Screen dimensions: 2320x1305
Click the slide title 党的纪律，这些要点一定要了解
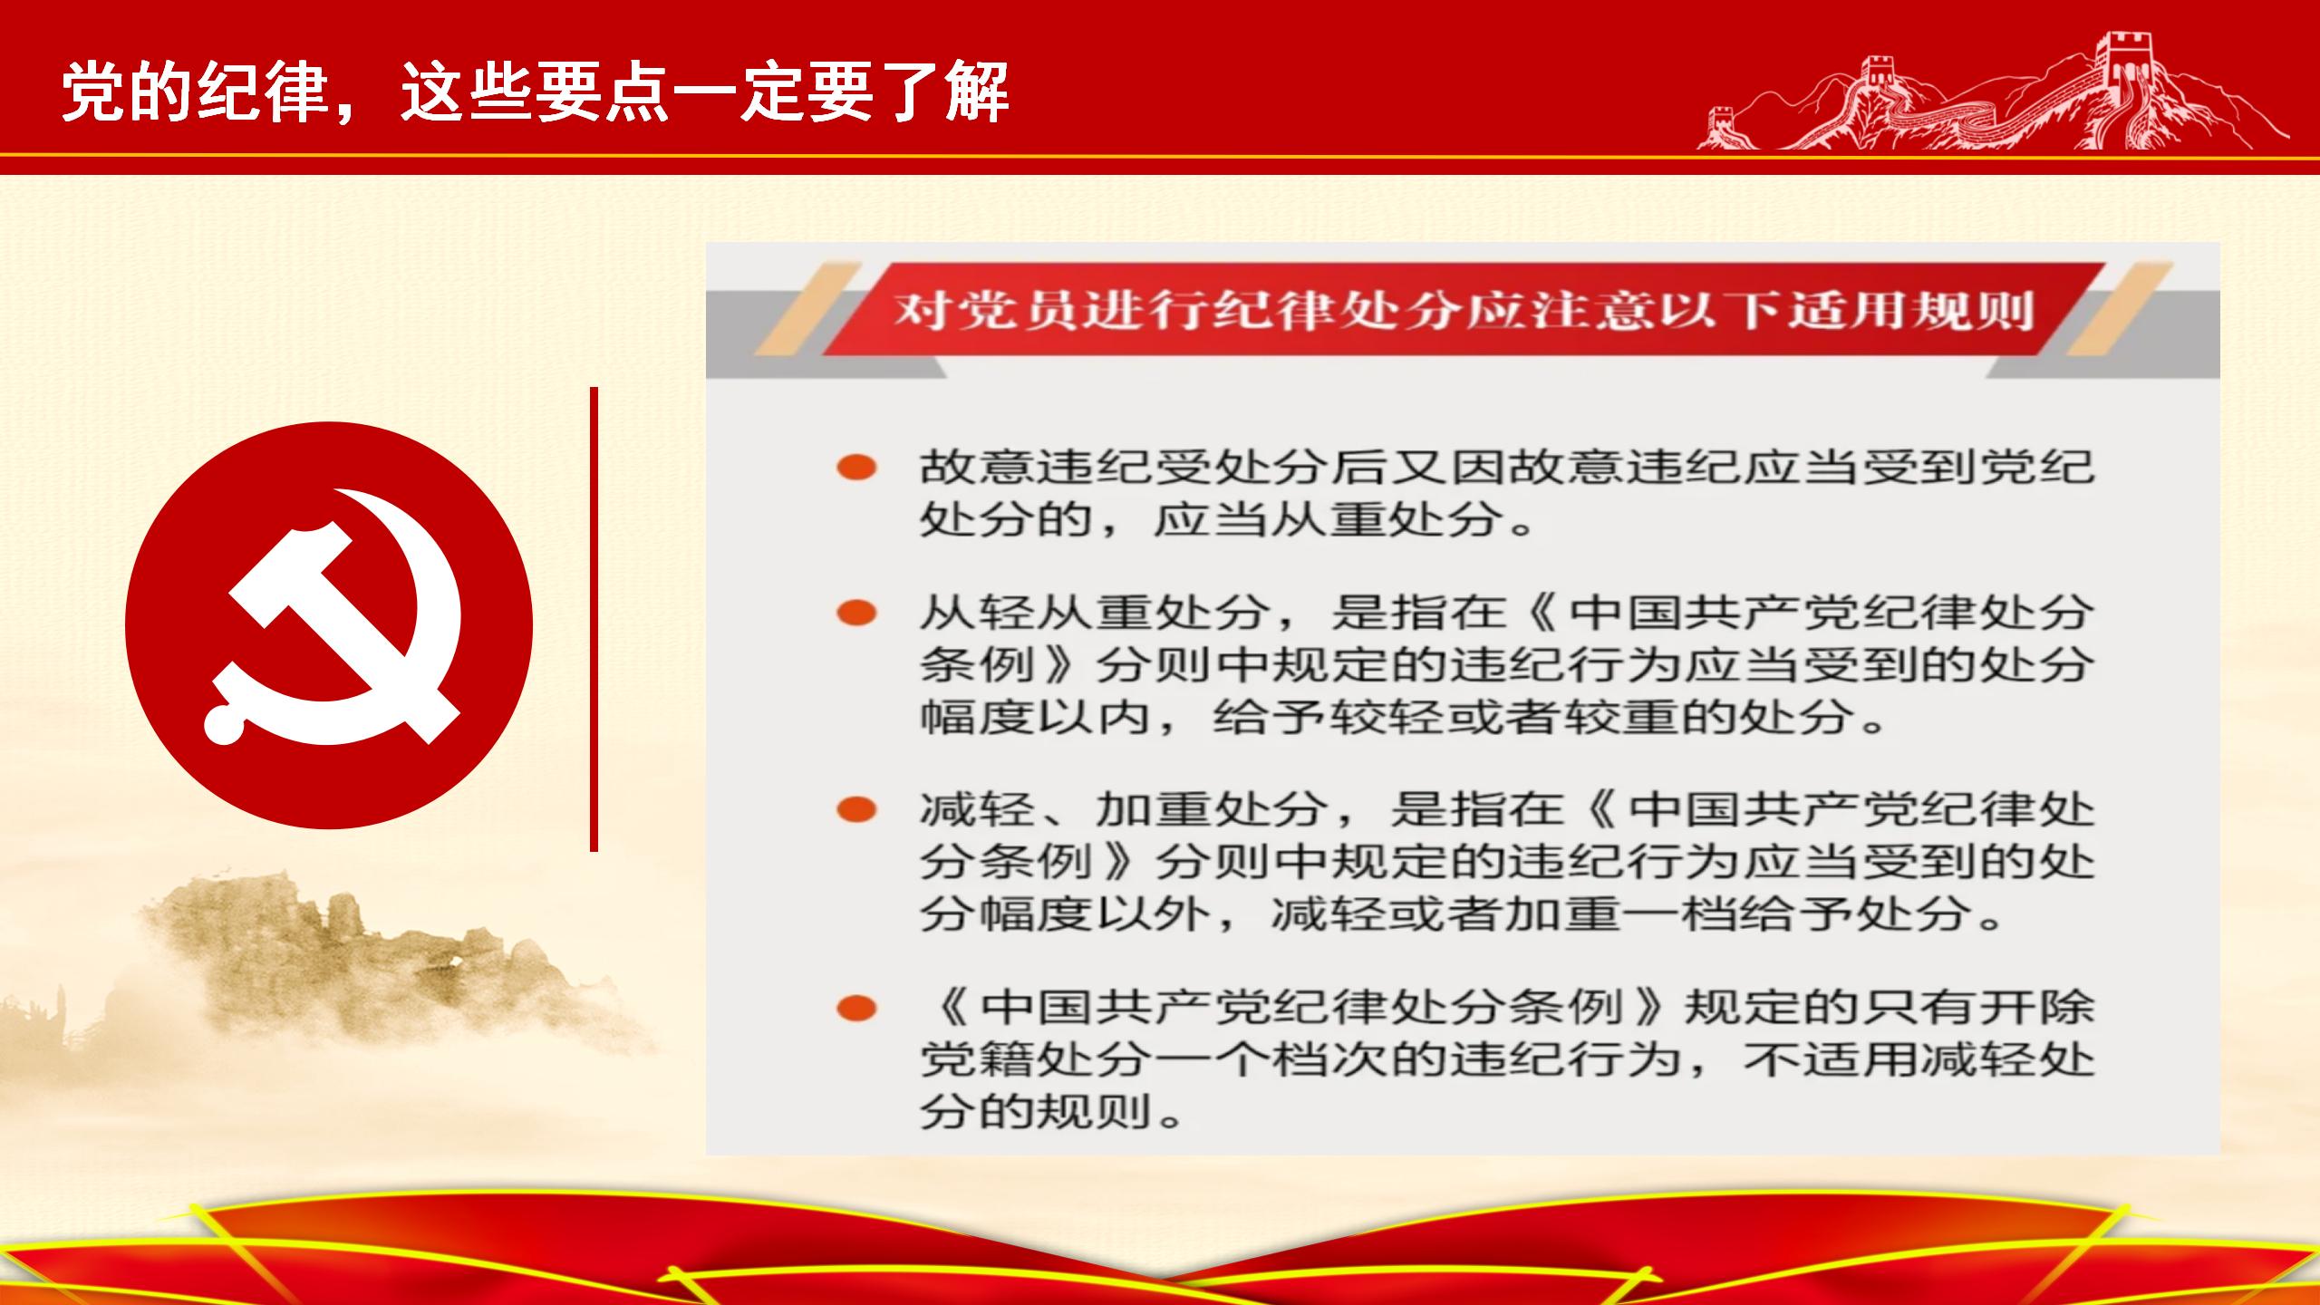coord(536,92)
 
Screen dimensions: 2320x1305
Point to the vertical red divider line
coord(594,619)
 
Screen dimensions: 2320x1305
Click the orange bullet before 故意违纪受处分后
coord(856,468)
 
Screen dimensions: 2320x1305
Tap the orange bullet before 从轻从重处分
coord(856,614)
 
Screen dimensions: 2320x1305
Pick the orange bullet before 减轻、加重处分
coord(856,809)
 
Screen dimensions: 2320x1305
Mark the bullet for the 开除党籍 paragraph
coord(856,1008)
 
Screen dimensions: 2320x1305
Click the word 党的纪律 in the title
coord(196,92)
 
